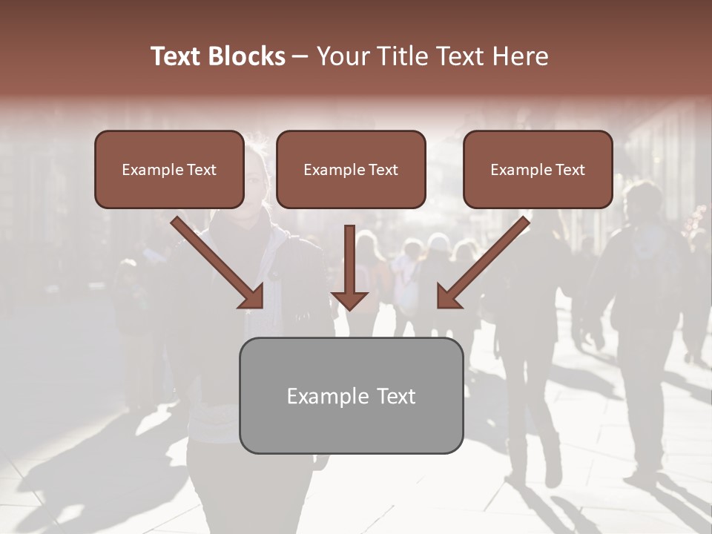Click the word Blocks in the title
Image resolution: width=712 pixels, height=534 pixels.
pyautogui.click(x=248, y=56)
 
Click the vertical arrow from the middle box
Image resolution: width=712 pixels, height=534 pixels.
pyautogui.click(x=350, y=260)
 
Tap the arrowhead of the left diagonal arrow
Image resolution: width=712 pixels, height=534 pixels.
pyautogui.click(x=252, y=297)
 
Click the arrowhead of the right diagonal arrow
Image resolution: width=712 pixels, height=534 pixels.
pyautogui.click(x=449, y=297)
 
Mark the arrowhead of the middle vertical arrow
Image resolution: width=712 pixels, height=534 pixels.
pyautogui.click(x=350, y=300)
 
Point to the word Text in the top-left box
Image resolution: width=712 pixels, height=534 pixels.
pyautogui.click(x=201, y=170)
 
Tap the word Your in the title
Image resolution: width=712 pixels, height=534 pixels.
pyautogui.click(x=338, y=56)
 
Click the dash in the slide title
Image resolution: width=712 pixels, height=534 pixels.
pyautogui.click(x=300, y=56)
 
